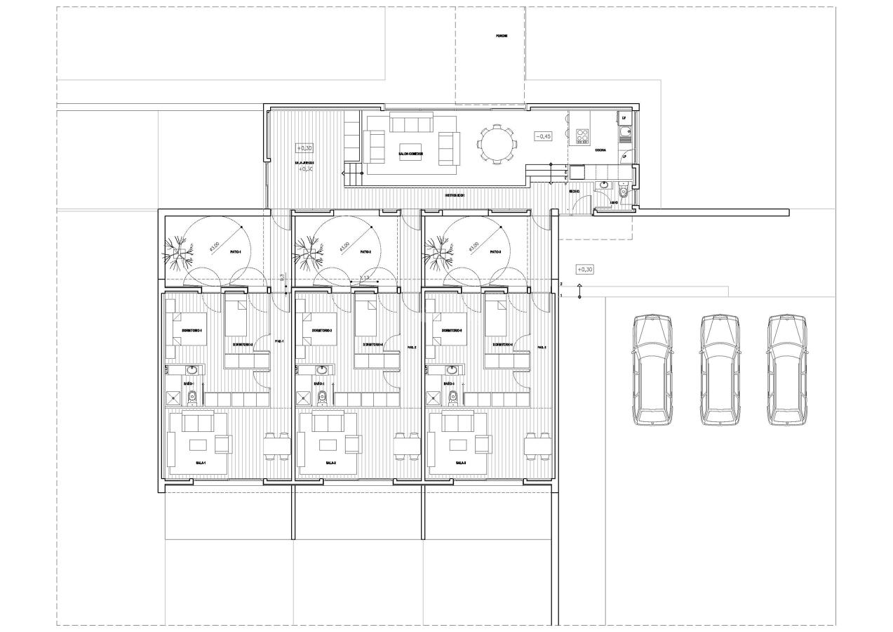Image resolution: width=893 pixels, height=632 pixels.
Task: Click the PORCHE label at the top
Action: [x=501, y=36]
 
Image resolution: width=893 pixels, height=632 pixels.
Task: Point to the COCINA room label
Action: [x=600, y=150]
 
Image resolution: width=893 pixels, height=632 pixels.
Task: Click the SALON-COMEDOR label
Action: [x=410, y=153]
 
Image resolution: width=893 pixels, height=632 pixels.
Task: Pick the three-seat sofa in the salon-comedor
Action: [x=410, y=125]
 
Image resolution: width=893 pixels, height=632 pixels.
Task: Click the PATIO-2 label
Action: [x=365, y=252]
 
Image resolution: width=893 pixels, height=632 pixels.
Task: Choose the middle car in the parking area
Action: [x=720, y=370]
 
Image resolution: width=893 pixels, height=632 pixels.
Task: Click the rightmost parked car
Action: [x=786, y=370]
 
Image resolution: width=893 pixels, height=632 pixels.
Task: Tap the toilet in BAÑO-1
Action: [x=192, y=398]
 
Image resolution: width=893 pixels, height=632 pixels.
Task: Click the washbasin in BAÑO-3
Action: [x=452, y=370]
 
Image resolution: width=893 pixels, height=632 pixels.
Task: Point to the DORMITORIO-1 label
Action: [x=192, y=330]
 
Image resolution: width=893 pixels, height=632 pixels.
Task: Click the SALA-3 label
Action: [x=461, y=463]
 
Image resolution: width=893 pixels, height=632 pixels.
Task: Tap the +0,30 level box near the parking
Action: [x=584, y=269]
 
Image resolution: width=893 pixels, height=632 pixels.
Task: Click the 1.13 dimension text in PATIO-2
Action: [x=364, y=279]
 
